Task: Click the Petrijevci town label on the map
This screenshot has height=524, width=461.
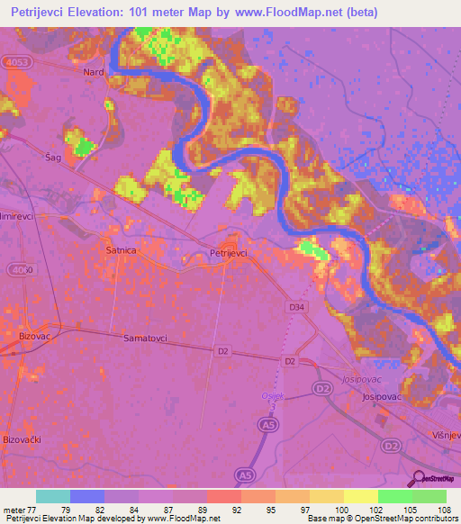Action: [x=228, y=254]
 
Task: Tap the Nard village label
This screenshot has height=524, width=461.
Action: [x=94, y=72]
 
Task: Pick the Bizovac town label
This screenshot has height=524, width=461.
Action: [x=34, y=336]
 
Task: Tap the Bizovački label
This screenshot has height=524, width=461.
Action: [x=23, y=438]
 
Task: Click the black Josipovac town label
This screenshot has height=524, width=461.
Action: [x=380, y=396]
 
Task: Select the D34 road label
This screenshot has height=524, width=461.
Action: [x=297, y=308]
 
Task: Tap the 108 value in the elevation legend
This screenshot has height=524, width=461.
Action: [x=445, y=509]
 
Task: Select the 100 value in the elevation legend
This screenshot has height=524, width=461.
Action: [x=343, y=509]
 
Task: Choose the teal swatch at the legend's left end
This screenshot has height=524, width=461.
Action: [x=52, y=496]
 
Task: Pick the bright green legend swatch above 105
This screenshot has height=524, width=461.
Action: [x=394, y=496]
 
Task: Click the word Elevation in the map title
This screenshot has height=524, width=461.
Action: [x=104, y=12]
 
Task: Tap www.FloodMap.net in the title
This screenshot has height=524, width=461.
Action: [x=292, y=12]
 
